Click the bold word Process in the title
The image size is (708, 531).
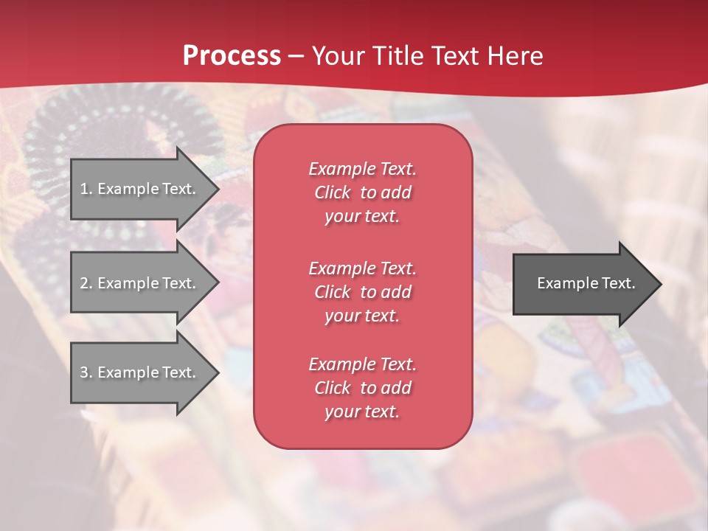pos(232,56)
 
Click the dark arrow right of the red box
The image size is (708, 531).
pos(586,283)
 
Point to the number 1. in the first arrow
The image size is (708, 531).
pos(86,189)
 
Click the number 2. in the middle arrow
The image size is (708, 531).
pos(86,283)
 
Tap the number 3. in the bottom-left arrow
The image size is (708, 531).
pos(86,372)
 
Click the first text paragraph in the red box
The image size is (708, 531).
pos(362,192)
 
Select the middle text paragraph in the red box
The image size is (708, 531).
pos(362,292)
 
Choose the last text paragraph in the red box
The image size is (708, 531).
pos(362,388)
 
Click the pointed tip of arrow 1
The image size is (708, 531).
pos(217,189)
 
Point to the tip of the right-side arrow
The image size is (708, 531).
pos(659,284)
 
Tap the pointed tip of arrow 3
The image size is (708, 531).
pos(217,372)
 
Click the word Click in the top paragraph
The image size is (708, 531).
pos(332,192)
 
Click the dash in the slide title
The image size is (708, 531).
pos(296,56)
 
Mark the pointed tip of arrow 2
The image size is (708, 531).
pos(217,283)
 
